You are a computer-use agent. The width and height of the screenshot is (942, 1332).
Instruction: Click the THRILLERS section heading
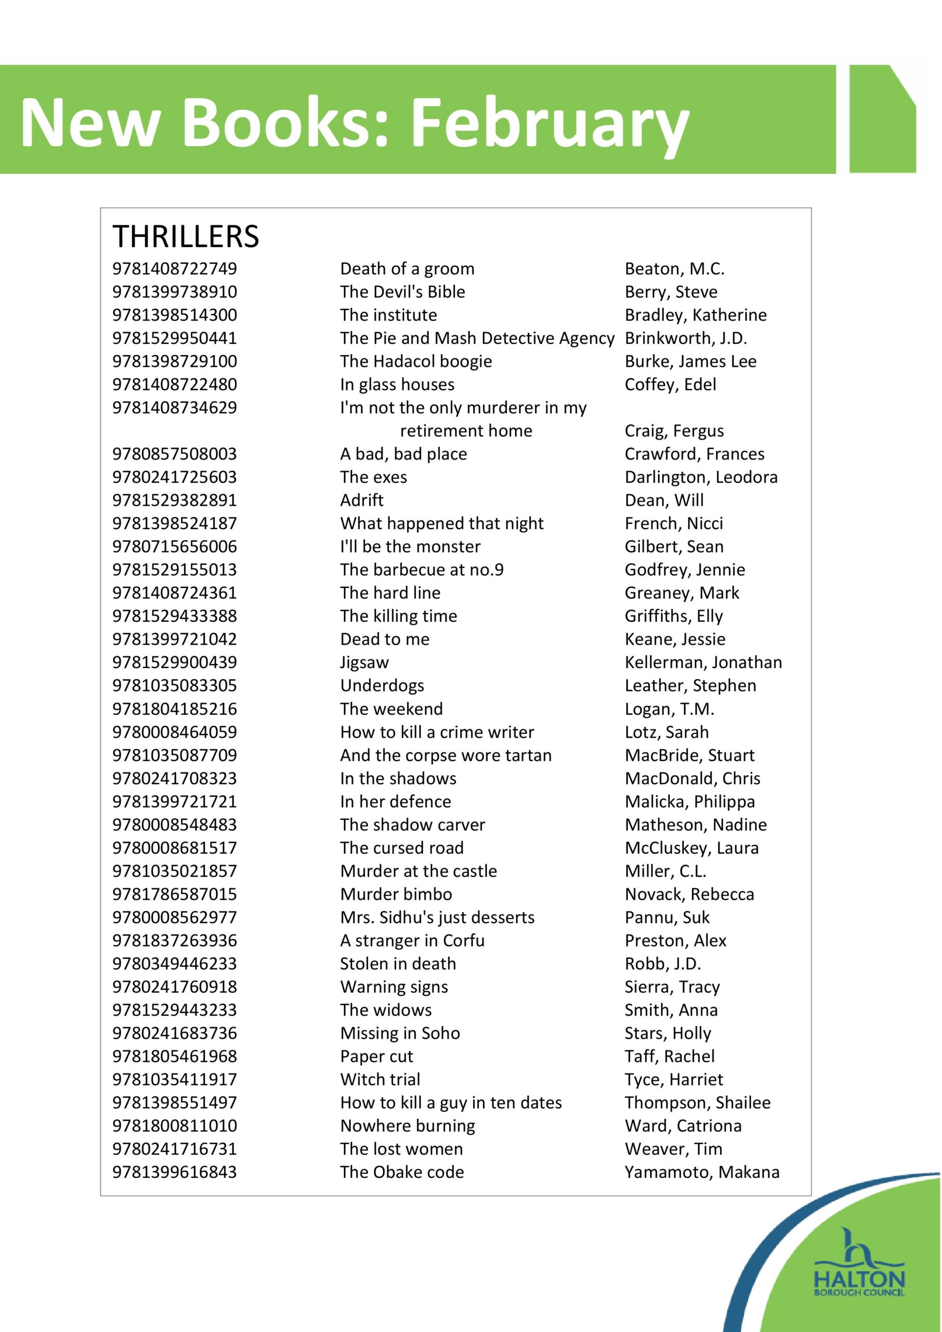tap(186, 236)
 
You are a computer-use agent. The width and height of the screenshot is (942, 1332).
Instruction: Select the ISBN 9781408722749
tap(175, 268)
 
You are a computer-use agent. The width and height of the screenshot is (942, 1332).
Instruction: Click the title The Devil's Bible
tap(403, 292)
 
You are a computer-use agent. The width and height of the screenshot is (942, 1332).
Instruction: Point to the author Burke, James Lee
tap(690, 362)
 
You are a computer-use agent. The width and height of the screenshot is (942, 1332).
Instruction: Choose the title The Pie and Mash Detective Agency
tap(477, 338)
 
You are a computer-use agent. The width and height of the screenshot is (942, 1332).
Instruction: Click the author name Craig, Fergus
tap(674, 431)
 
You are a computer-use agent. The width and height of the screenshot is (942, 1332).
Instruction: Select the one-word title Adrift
tap(362, 500)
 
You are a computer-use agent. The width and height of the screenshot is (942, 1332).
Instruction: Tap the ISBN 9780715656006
tap(175, 546)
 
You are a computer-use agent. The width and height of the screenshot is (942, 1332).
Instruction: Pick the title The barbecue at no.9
tap(422, 570)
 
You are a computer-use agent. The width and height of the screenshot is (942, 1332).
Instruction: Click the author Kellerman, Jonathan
tap(703, 662)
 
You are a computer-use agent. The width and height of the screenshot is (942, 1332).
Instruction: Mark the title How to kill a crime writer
tap(437, 732)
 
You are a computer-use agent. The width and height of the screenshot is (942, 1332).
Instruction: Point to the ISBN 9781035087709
tap(175, 755)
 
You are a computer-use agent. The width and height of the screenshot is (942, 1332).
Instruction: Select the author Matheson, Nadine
tap(695, 825)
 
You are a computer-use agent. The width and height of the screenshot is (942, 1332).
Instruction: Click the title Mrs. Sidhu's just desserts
tap(437, 918)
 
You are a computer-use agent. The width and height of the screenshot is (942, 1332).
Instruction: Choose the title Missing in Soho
tap(399, 1033)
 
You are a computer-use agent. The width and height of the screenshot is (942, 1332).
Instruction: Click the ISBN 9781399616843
tap(175, 1172)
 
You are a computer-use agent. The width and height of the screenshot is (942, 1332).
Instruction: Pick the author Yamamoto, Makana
tap(702, 1172)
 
